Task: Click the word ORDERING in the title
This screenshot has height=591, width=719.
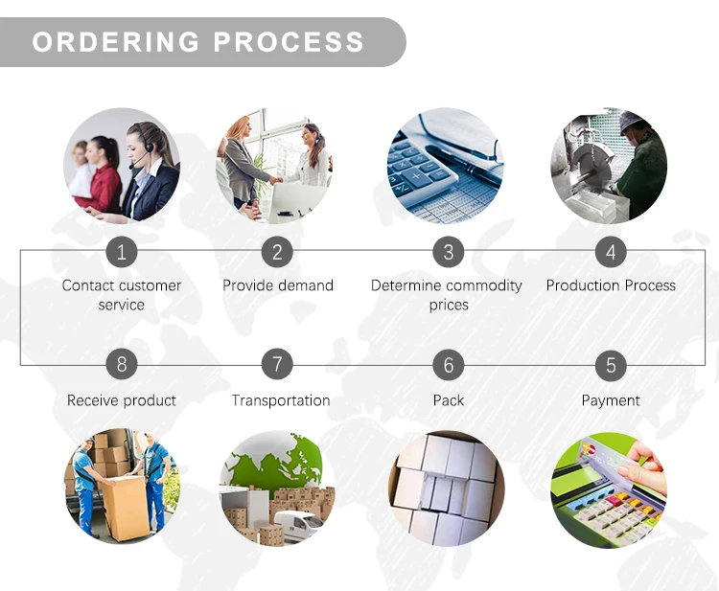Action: pyautogui.click(x=116, y=42)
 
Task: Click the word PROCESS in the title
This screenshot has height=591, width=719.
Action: pyautogui.click(x=289, y=42)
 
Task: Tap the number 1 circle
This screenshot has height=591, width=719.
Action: pyautogui.click(x=122, y=252)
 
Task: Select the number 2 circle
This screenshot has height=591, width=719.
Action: pyautogui.click(x=277, y=252)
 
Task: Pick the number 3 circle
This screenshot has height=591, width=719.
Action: pyautogui.click(x=448, y=252)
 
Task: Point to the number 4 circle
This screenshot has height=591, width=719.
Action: pyautogui.click(x=611, y=252)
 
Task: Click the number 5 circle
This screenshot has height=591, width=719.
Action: pyautogui.click(x=611, y=365)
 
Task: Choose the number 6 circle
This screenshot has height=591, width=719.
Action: pyautogui.click(x=448, y=365)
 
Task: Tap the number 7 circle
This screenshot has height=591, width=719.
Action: pyautogui.click(x=277, y=365)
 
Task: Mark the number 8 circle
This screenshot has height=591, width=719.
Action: pyautogui.click(x=122, y=365)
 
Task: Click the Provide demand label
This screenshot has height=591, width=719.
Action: pyautogui.click(x=278, y=285)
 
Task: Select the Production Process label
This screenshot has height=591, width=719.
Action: pyautogui.click(x=611, y=285)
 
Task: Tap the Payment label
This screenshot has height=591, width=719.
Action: pyautogui.click(x=611, y=400)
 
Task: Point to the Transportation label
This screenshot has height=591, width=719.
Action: pyautogui.click(x=280, y=400)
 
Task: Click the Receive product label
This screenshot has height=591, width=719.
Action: pyautogui.click(x=122, y=400)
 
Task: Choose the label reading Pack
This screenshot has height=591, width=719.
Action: pyautogui.click(x=448, y=400)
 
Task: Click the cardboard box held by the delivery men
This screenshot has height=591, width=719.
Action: pyautogui.click(x=126, y=508)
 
